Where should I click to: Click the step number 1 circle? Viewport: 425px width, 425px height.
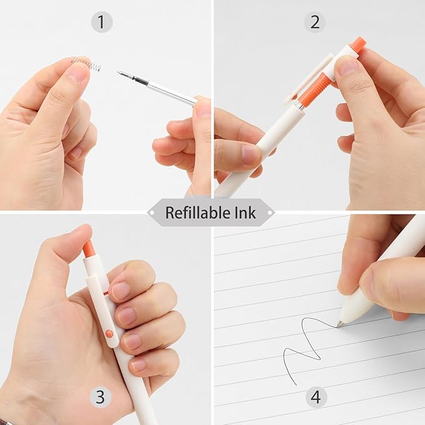point(101,23)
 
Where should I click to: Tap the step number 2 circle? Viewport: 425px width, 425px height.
point(315,23)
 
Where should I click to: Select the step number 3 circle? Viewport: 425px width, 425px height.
point(101,396)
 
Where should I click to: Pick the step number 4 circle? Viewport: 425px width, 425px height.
point(317,396)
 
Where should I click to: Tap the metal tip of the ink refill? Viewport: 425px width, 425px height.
point(121,74)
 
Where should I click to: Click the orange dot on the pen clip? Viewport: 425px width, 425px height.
point(110,334)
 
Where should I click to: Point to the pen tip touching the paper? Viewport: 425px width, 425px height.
point(339,324)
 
